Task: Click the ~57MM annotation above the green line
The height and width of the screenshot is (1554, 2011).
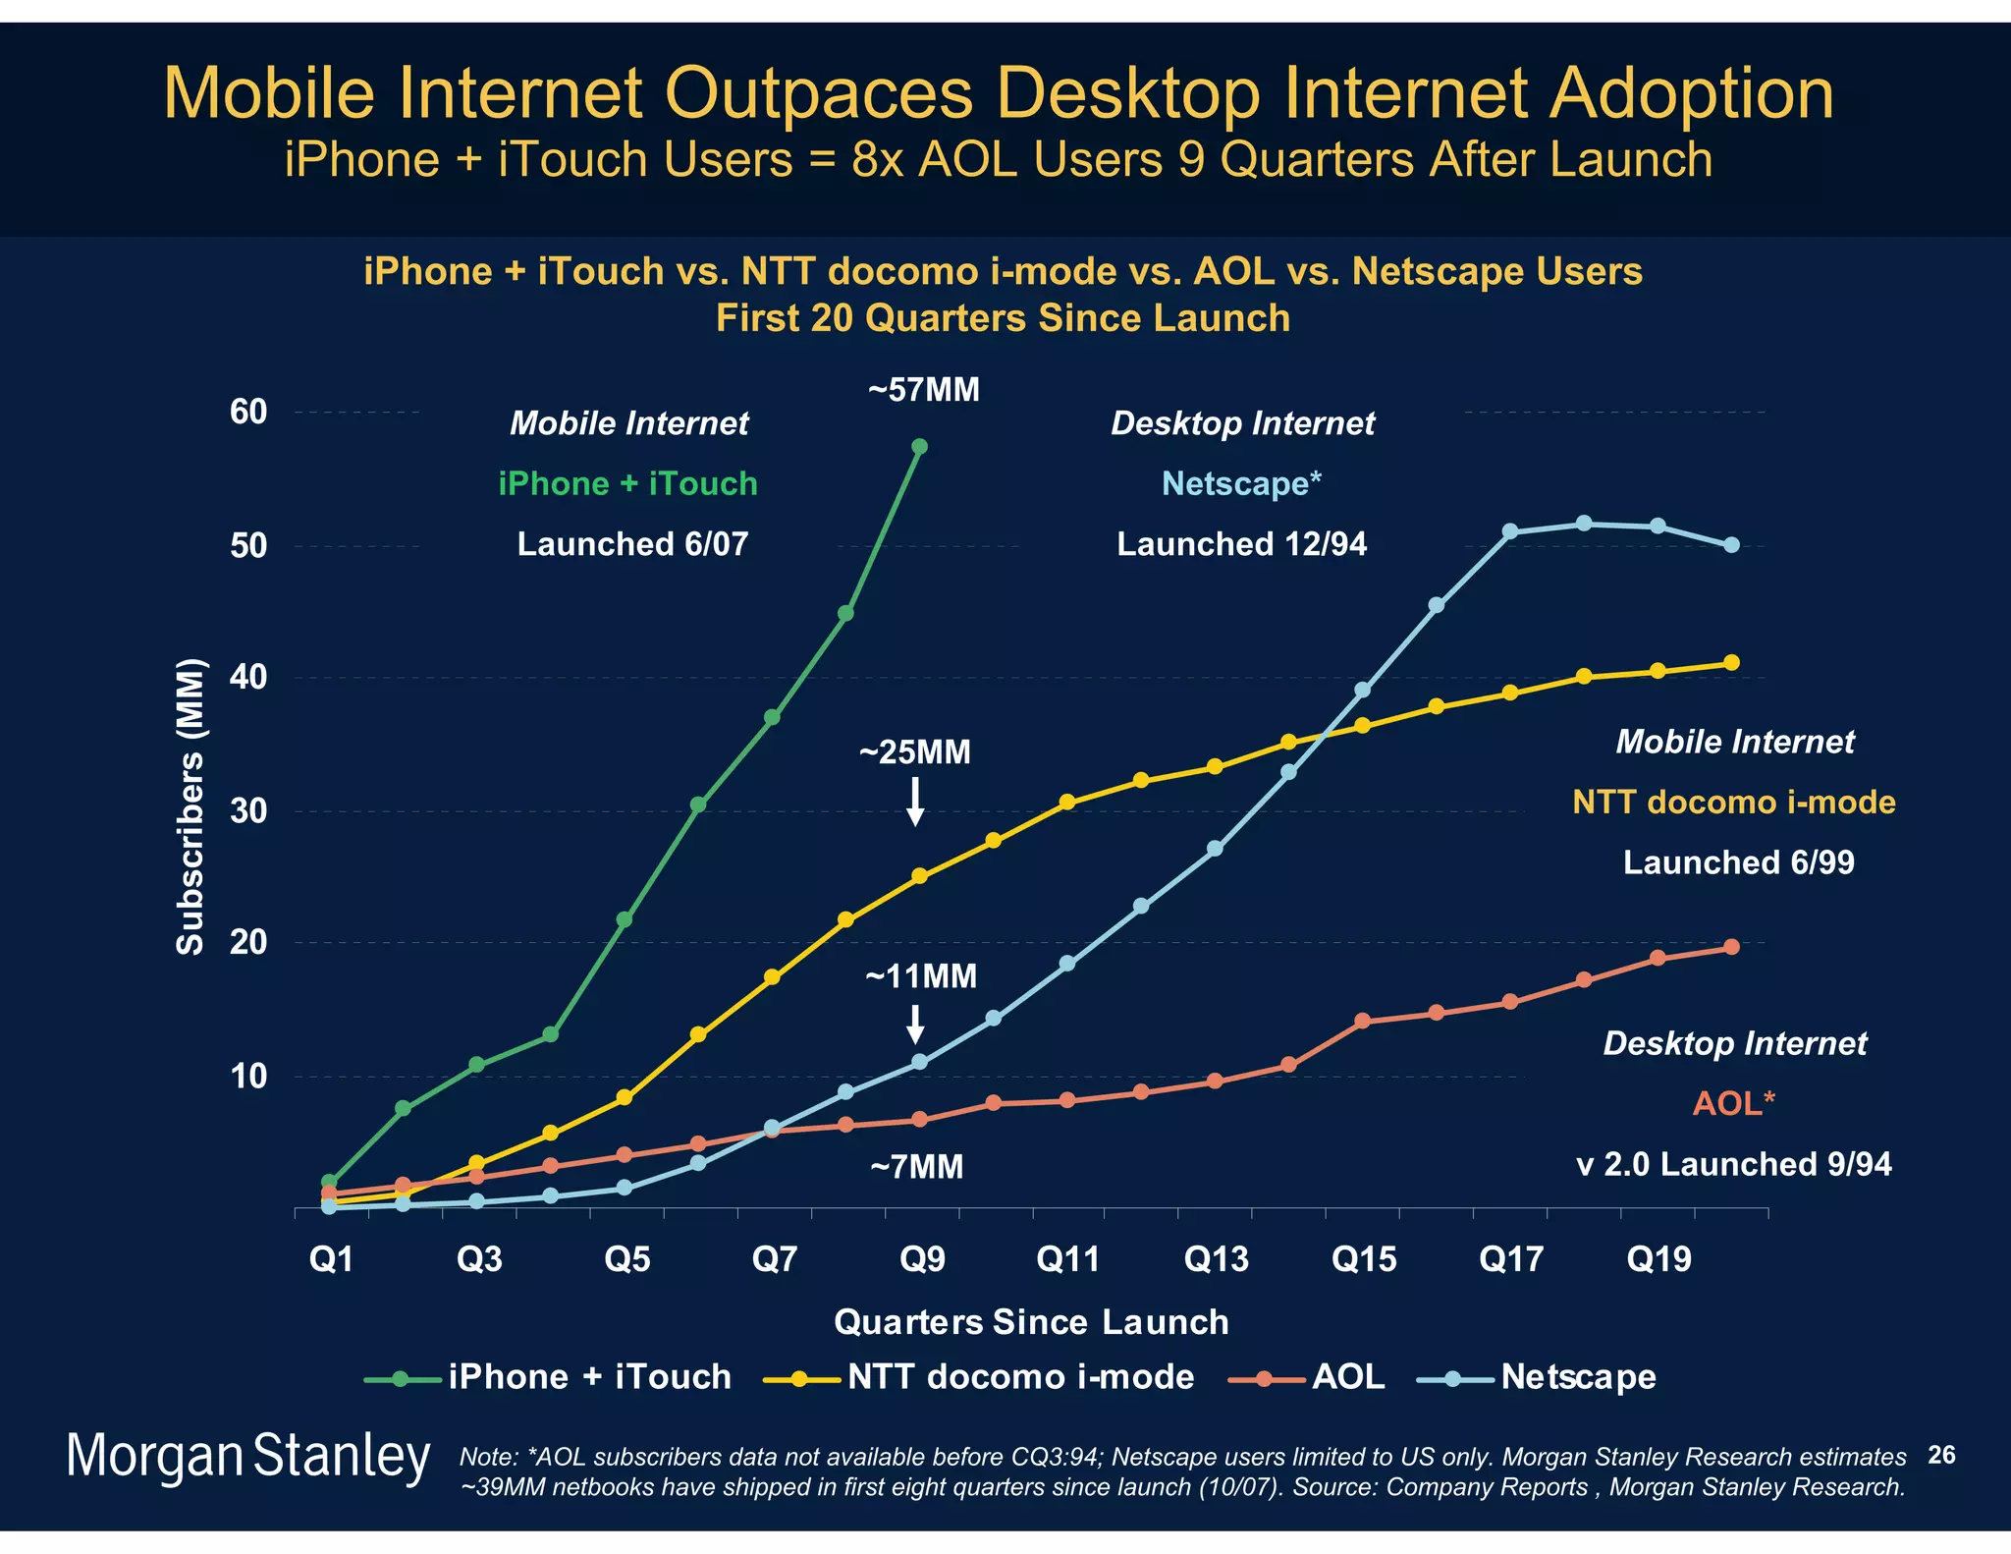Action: point(923,390)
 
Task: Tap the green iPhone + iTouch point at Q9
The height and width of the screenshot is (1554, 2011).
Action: point(919,447)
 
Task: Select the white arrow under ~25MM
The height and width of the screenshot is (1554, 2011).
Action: point(915,802)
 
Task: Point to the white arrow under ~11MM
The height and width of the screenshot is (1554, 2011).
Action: point(915,1024)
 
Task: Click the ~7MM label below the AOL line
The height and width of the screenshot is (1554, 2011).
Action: point(916,1167)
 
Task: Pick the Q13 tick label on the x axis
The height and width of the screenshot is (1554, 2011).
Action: point(1216,1259)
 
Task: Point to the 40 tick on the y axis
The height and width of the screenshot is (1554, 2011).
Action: point(248,677)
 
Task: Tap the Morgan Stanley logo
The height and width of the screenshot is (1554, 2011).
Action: point(247,1457)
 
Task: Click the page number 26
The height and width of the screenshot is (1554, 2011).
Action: point(1941,1455)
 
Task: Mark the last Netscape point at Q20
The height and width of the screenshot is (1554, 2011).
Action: point(1731,545)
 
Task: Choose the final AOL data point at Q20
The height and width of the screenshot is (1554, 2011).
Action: point(1731,947)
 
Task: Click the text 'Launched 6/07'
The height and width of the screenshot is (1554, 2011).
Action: point(632,544)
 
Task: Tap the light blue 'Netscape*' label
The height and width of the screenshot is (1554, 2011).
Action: point(1241,483)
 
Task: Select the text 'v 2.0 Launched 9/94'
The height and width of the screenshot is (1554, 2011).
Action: point(1733,1164)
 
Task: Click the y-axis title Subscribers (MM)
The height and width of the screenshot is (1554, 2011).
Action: point(190,806)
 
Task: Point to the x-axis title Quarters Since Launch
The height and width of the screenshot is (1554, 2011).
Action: point(1031,1322)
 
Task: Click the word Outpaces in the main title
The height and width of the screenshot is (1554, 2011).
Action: point(819,94)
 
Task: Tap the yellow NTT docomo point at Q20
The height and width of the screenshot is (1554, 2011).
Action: point(1731,663)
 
